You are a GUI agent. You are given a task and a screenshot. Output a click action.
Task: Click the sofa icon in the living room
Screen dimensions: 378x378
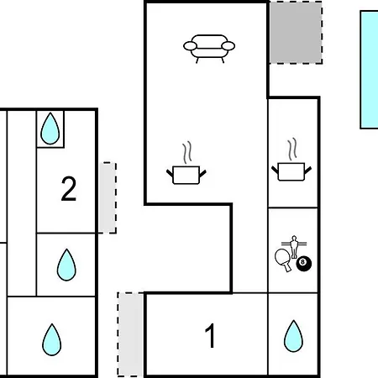(209, 49)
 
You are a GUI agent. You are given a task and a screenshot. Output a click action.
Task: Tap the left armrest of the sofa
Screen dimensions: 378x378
(190, 46)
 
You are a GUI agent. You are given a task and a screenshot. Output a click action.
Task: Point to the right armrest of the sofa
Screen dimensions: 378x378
(228, 46)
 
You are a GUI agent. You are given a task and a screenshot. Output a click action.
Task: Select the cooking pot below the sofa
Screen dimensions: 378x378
(186, 175)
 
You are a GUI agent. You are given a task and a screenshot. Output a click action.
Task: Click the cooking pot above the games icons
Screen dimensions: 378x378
(291, 171)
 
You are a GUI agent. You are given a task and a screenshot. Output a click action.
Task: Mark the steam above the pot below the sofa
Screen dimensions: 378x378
(187, 152)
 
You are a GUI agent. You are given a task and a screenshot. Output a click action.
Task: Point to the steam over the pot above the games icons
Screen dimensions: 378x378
(292, 149)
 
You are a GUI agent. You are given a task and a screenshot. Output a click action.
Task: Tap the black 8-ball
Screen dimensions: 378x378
(304, 264)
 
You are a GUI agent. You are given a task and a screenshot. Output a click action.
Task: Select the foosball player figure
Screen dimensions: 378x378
(294, 247)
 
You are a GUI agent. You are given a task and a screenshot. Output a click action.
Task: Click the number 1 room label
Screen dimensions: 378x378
(210, 335)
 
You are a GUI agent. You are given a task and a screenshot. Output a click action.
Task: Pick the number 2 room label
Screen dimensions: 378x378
(69, 188)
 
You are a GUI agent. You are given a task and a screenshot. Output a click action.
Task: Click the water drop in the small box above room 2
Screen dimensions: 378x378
(50, 129)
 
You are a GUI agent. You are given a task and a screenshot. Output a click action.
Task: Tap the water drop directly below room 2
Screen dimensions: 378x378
(66, 265)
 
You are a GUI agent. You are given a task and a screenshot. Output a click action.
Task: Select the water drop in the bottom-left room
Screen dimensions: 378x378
(52, 339)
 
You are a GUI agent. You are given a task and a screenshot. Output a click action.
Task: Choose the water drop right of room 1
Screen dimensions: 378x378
(293, 336)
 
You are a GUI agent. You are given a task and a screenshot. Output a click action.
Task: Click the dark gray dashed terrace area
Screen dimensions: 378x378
(296, 33)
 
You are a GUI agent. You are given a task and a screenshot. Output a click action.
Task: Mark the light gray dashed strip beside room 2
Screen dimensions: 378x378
(108, 197)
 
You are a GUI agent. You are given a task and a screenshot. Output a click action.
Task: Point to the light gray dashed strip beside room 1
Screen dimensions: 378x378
(130, 334)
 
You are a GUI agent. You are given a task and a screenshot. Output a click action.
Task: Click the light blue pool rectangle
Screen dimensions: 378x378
(369, 70)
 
